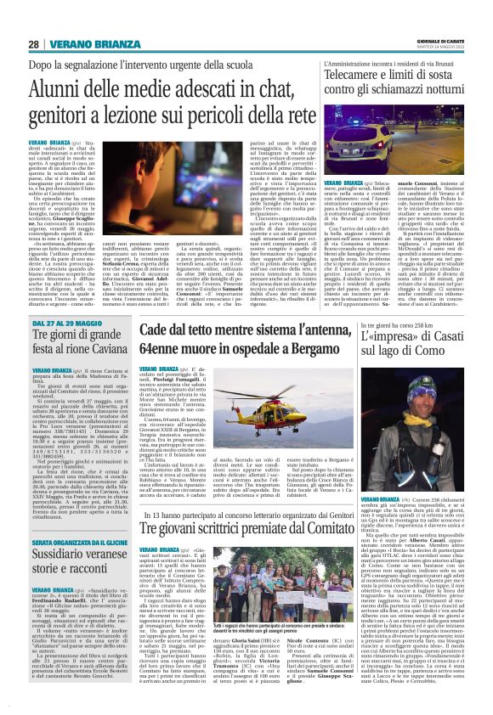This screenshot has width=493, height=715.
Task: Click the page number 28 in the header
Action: tap(33, 43)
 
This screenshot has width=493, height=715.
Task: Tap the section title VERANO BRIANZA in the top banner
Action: tap(94, 44)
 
